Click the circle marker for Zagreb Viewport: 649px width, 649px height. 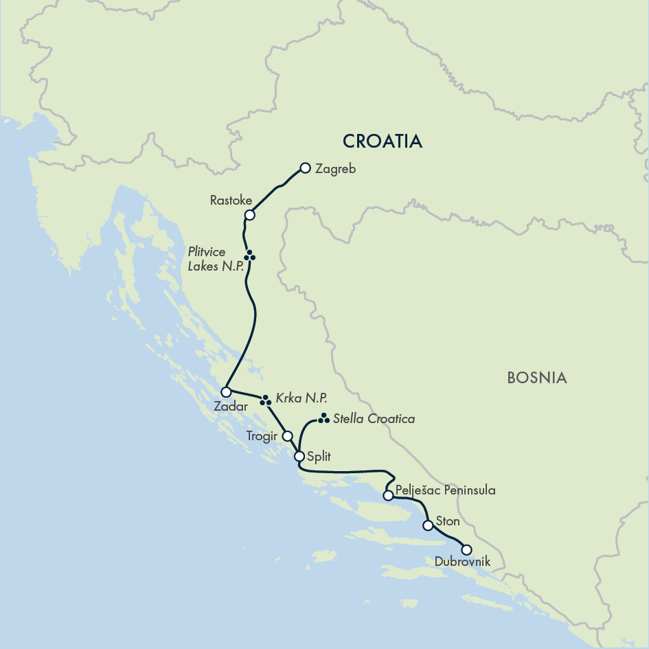tap(306, 168)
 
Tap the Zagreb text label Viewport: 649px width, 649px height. tap(336, 168)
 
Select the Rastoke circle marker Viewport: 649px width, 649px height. tap(250, 215)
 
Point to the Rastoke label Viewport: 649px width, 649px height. tap(231, 201)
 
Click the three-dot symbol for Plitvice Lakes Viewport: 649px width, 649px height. tap(250, 255)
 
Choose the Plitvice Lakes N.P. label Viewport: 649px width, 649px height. tap(216, 259)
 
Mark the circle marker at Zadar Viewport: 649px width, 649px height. tap(226, 391)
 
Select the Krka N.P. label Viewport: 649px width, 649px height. tap(301, 398)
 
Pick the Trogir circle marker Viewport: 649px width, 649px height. tap(288, 435)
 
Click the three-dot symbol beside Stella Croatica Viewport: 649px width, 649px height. tap(323, 418)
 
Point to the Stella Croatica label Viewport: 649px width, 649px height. tap(374, 418)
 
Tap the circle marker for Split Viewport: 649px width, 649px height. tap(299, 456)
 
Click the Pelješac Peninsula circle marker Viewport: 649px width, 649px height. tap(388, 494)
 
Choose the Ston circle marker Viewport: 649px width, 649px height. tap(428, 525)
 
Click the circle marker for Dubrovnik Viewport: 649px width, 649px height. tap(467, 549)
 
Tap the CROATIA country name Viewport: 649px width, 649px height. tap(382, 141)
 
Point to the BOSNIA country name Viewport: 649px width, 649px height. tap(536, 377)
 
